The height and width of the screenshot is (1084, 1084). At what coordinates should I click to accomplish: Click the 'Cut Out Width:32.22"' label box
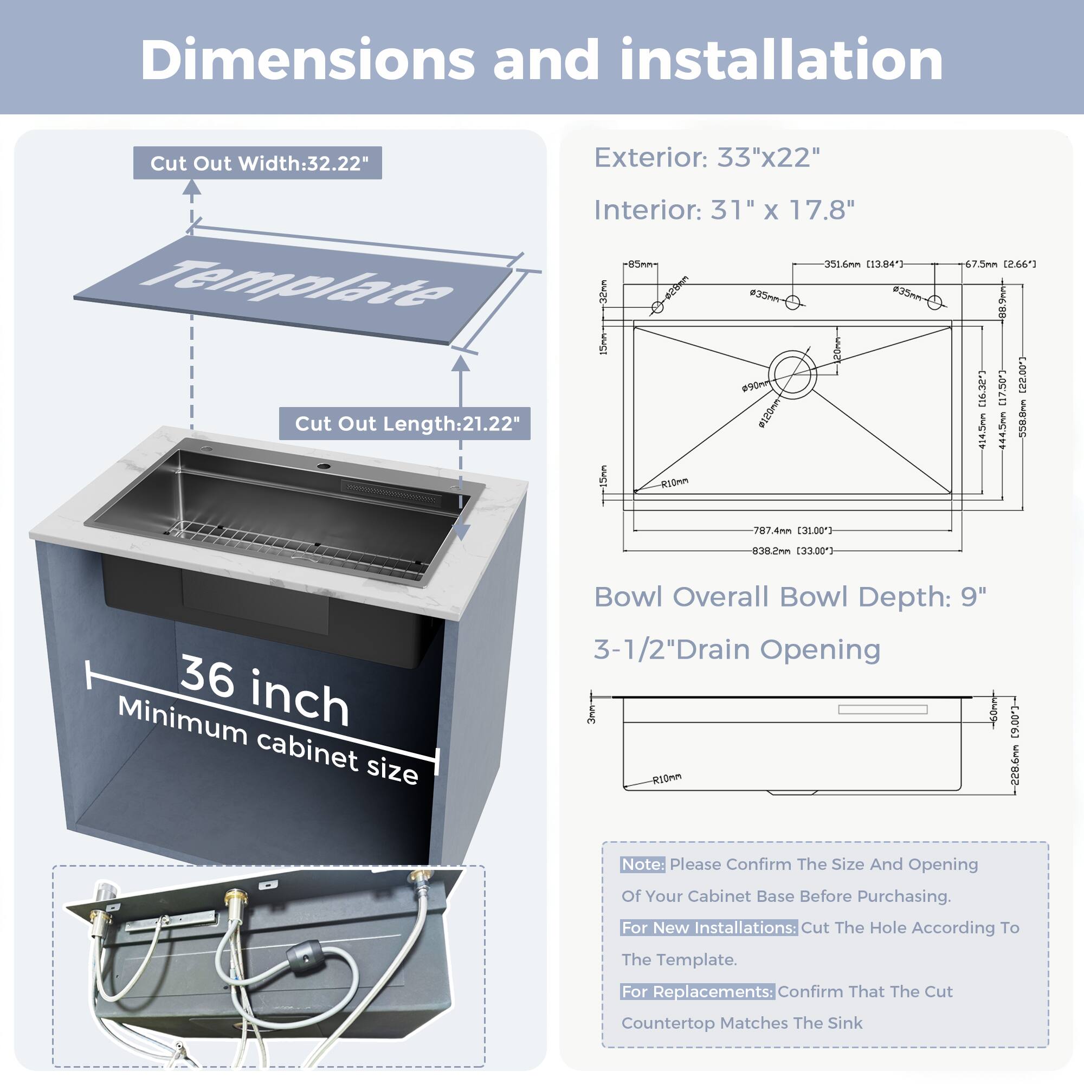point(257,163)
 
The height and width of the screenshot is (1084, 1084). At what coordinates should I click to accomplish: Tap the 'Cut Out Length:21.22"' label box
point(404,424)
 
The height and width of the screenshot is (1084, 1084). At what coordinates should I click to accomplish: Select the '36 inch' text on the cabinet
point(264,691)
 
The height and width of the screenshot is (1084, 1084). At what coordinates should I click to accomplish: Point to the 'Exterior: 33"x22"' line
point(707,158)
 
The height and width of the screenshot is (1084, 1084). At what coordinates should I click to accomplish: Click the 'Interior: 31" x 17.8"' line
point(724,210)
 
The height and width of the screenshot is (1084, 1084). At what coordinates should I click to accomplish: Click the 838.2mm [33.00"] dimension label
point(792,551)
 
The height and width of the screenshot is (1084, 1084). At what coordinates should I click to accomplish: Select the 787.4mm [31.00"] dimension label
point(792,530)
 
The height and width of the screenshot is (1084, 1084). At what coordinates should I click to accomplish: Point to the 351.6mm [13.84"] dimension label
point(863,264)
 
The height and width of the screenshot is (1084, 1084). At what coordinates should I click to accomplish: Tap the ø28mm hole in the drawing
point(657,307)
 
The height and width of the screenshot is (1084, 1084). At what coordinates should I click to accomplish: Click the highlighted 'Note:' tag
point(642,864)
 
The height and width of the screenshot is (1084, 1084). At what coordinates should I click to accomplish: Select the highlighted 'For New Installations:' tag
point(708,928)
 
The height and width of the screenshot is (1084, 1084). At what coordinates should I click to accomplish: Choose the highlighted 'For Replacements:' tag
point(698,991)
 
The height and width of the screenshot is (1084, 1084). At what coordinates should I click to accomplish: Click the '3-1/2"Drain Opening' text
point(737,650)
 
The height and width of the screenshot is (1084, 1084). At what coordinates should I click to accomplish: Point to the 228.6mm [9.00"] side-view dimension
point(1015,746)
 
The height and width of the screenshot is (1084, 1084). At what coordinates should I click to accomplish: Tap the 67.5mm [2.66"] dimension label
point(1000,264)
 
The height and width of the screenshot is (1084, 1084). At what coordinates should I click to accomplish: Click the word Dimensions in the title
point(307,60)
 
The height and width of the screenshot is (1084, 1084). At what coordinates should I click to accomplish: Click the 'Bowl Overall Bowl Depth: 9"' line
point(790,597)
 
